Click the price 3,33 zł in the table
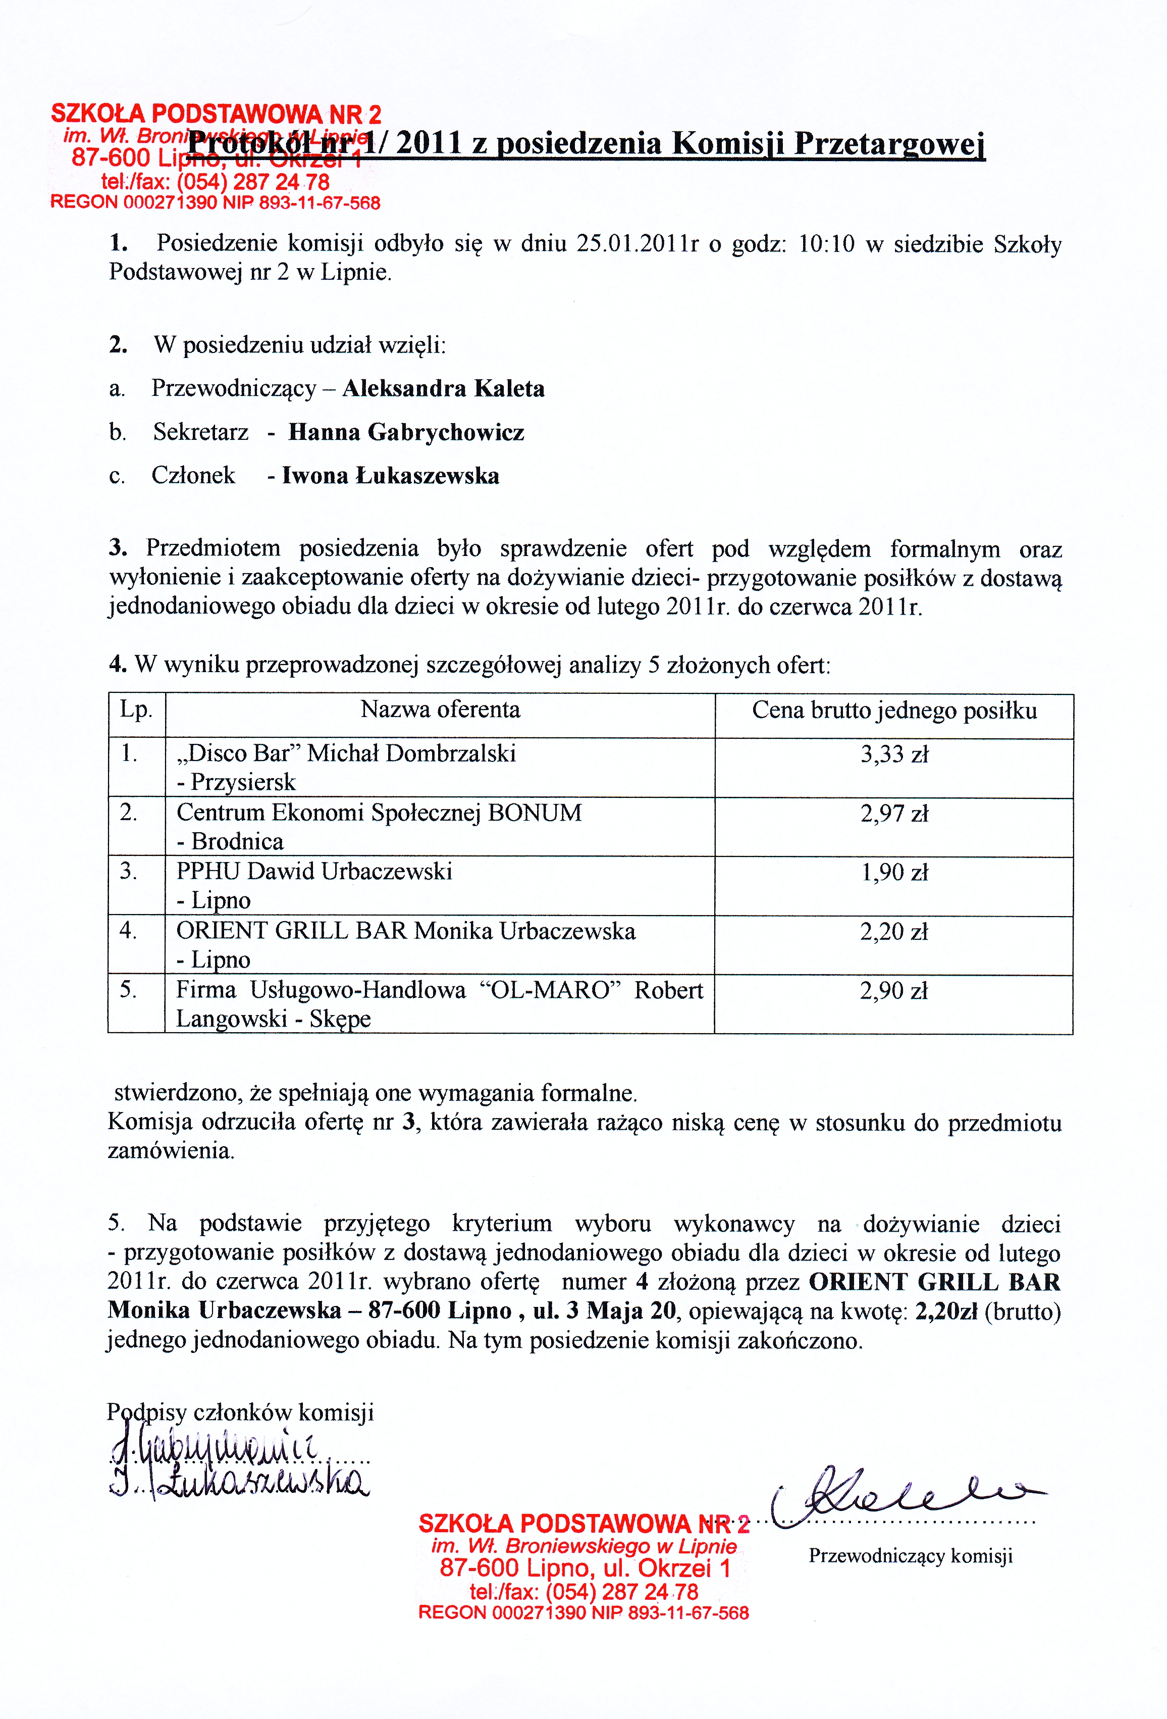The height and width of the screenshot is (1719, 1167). tap(893, 755)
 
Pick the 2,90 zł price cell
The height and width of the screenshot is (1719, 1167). tap(893, 992)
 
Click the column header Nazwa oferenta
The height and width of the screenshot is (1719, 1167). tap(440, 710)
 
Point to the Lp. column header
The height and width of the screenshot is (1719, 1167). tap(136, 710)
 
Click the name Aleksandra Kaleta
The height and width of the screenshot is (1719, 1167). tap(443, 389)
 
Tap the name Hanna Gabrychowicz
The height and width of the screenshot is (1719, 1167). tap(406, 433)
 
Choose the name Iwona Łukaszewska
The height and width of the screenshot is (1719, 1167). tap(391, 476)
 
